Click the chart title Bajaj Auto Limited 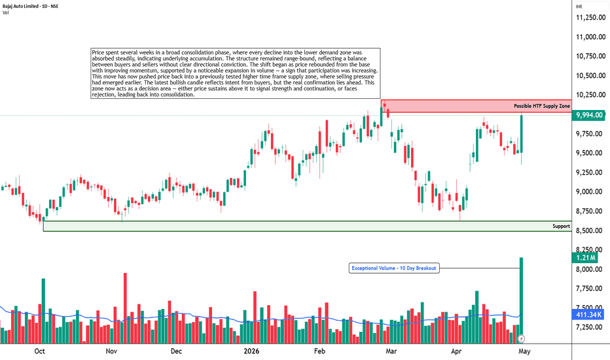21,7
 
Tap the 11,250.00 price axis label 590,18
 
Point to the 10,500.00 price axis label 590,75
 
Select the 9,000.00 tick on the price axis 590,192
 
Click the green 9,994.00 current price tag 589,115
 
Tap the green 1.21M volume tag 586,258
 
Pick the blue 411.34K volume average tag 588,315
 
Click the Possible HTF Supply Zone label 541,106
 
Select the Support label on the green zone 561,226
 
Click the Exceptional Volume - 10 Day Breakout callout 394,268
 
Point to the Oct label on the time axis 39,351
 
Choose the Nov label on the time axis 111,351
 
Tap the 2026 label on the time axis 251,351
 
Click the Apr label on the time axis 456,351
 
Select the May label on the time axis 524,351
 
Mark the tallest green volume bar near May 521,300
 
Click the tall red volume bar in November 125,308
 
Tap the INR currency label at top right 579,7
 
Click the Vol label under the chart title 5,12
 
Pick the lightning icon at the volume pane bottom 522,339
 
